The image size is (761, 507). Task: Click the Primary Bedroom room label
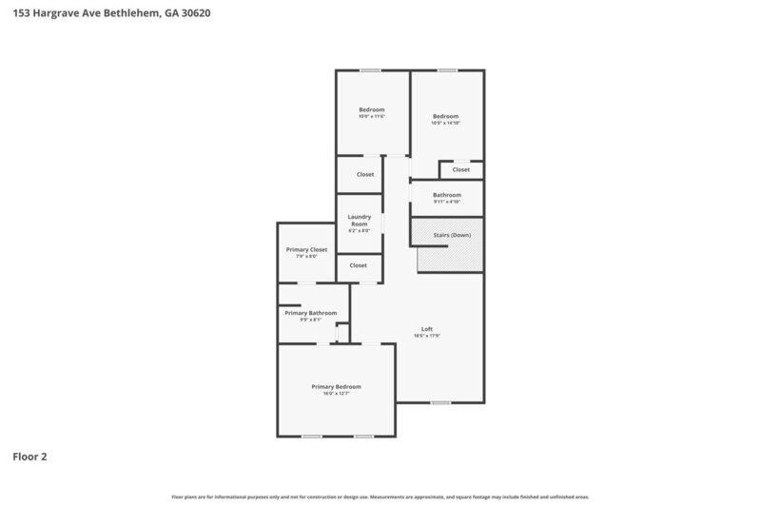click(x=336, y=386)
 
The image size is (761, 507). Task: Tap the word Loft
click(x=427, y=328)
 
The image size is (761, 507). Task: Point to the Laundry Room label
click(x=359, y=219)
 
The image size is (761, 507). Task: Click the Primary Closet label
click(x=306, y=249)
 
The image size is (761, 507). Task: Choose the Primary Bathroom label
click(x=310, y=313)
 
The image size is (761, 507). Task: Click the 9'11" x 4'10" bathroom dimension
click(x=446, y=202)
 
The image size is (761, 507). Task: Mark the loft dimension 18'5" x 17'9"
click(x=427, y=336)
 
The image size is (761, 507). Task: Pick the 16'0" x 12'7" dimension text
click(x=336, y=394)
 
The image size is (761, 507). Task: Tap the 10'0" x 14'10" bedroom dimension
click(x=445, y=123)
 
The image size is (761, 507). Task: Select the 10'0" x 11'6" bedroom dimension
click(x=371, y=116)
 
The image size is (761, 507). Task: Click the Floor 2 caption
click(x=29, y=457)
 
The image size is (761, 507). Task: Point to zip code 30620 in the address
click(x=190, y=13)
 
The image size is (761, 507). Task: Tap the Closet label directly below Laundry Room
click(x=358, y=265)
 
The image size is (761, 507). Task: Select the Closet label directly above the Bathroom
click(x=460, y=169)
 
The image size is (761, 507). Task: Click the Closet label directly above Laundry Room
click(x=365, y=174)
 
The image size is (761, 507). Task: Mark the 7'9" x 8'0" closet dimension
click(x=306, y=256)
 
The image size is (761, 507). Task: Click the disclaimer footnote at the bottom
click(x=380, y=497)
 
